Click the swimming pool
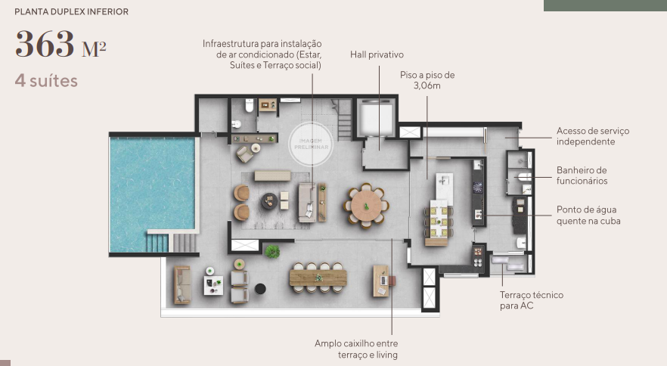tap(151, 189)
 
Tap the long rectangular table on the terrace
tap(318, 278)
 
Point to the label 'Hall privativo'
tap(377, 55)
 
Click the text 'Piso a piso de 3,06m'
tap(427, 80)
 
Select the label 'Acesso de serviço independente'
tap(592, 136)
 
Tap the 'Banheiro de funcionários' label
tap(582, 175)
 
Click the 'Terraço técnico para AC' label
tap(531, 300)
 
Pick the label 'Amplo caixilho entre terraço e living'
tap(356, 349)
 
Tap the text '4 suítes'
tap(46, 80)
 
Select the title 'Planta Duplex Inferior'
tap(71, 12)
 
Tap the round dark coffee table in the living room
tap(270, 200)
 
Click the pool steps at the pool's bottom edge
tap(157, 243)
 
